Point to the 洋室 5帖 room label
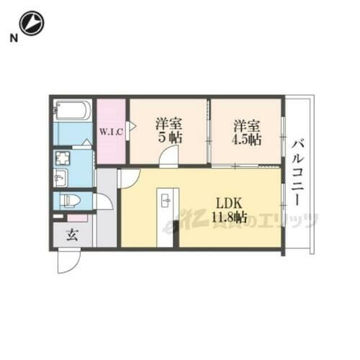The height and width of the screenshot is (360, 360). (x=168, y=130)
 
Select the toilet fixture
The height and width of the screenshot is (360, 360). (x=71, y=200)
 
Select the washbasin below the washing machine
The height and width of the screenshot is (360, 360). (x=60, y=177)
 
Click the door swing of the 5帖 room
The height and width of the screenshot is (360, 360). (x=170, y=157)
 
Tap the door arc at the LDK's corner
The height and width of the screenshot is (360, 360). (x=130, y=178)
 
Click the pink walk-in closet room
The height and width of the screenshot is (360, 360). (x=112, y=133)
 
